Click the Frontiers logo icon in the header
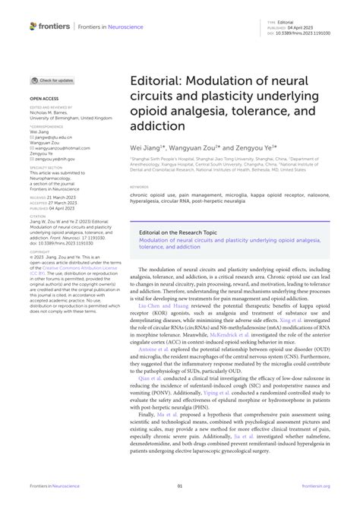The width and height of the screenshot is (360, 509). tap(33, 26)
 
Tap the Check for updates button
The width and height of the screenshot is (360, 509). tap(52, 80)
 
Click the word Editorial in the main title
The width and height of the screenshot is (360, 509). tap(156, 81)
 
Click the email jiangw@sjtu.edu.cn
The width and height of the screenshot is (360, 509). tap(52, 138)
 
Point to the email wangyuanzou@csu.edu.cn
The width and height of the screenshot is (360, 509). tap(56, 148)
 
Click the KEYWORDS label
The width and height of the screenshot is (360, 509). tap(139, 186)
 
